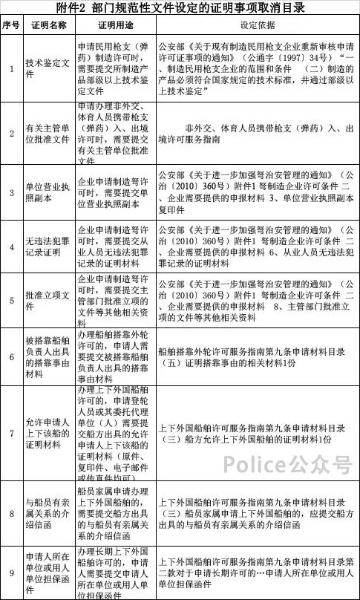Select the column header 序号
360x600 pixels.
[x=11, y=25]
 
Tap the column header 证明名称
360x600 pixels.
[x=48, y=25]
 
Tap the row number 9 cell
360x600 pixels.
[x=11, y=573]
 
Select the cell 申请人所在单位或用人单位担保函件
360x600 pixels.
[x=48, y=573]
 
